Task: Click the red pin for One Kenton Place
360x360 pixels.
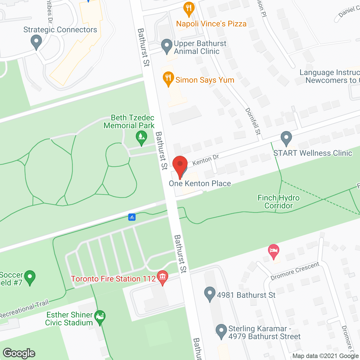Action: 180,165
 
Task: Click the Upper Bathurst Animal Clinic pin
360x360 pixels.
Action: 166,46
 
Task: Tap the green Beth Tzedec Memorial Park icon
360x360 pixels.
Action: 141,137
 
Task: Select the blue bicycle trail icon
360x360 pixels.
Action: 132,217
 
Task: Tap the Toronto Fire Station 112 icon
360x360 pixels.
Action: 162,277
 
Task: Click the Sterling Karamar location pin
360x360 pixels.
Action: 221,331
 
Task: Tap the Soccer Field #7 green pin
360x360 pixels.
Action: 30,277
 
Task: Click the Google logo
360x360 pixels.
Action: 19,353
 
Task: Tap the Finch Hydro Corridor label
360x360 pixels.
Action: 278,202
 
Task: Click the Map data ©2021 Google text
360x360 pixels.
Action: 326,356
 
